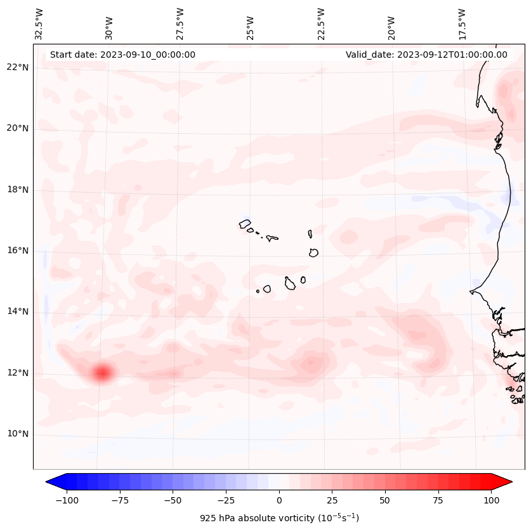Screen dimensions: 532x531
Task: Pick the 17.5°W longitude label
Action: coord(462,23)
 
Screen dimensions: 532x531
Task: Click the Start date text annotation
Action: coord(122,55)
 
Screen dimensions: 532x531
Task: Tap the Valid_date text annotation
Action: coord(426,55)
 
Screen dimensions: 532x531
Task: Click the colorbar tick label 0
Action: coord(279,500)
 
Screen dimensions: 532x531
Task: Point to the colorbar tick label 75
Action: coord(438,500)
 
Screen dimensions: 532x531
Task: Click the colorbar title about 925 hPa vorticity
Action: coord(279,518)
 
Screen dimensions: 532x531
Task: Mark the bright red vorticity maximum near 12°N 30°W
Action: coord(102,373)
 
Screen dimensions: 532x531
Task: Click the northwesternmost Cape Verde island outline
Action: coord(245,223)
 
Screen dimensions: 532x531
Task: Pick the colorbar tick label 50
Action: coord(385,500)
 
